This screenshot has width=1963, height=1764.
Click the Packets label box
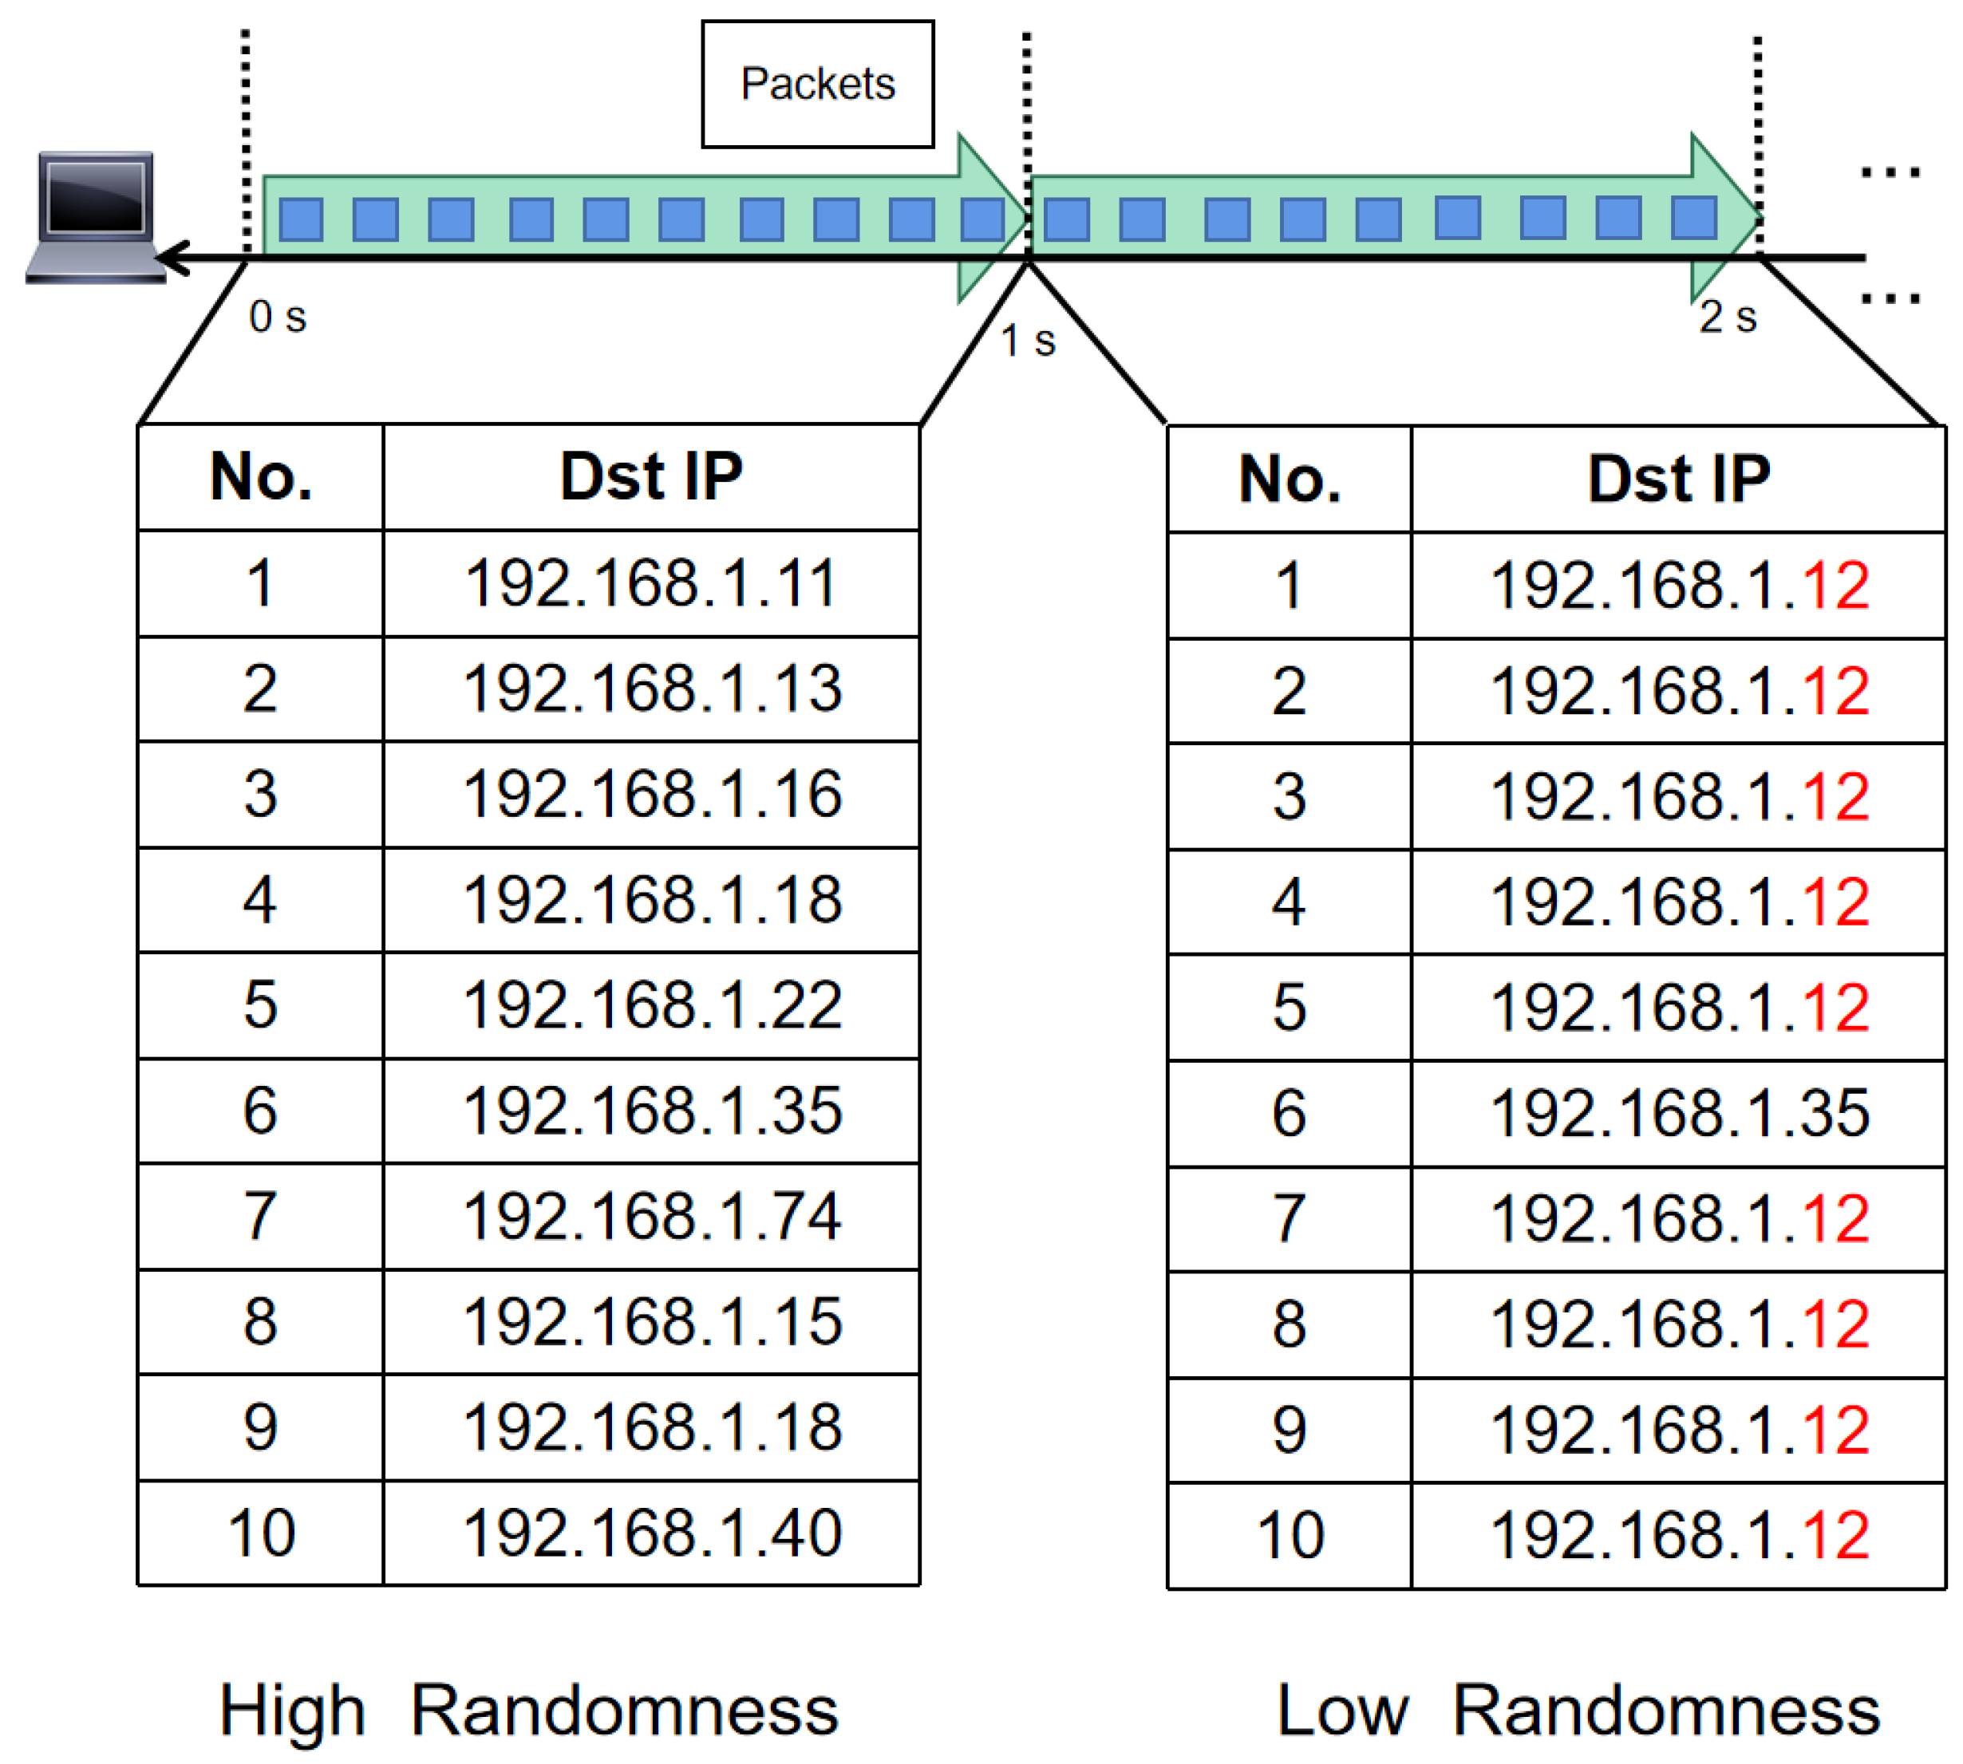pos(817,85)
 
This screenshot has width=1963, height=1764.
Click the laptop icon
pos(95,215)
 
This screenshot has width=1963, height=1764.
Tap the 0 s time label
pos(277,317)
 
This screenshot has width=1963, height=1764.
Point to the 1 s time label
pos(1028,341)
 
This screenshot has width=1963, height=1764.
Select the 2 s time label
pos(1728,317)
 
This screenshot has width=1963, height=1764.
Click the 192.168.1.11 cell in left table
pos(650,583)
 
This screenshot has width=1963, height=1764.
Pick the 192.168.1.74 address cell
pos(650,1217)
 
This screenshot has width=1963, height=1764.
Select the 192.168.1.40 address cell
pos(650,1533)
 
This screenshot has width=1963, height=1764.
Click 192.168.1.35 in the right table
pos(1678,1113)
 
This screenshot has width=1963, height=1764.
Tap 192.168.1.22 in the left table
pos(650,1005)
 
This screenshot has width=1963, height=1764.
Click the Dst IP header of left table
pos(650,477)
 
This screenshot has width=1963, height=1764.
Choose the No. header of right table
pos(1290,479)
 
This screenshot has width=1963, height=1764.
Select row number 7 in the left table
pos(260,1217)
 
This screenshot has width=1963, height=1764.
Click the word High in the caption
pos(292,1711)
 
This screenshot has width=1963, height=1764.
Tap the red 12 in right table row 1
pos(1835,586)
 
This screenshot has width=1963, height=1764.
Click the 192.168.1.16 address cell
pos(650,795)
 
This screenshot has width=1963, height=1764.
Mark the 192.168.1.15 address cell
pos(650,1322)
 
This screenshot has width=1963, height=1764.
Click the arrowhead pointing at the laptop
pos(172,258)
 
